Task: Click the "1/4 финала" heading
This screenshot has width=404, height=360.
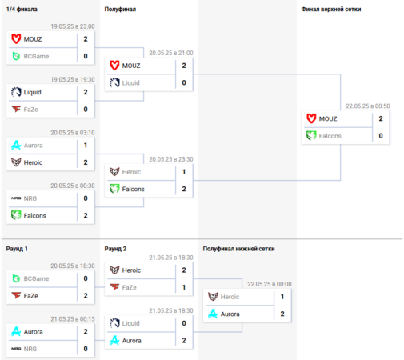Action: pyautogui.click(x=22, y=10)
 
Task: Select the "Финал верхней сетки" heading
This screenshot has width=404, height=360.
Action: pyautogui.click(x=331, y=10)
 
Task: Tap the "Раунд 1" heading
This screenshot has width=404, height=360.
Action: pyautogui.click(x=17, y=249)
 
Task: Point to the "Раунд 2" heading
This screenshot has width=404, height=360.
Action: pyautogui.click(x=115, y=249)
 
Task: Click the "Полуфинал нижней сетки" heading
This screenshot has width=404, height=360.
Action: pyautogui.click(x=238, y=249)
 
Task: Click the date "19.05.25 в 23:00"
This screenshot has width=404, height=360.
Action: pyautogui.click(x=73, y=26)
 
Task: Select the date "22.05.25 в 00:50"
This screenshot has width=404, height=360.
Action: pyautogui.click(x=368, y=106)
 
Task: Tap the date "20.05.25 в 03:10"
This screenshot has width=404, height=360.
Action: pyautogui.click(x=73, y=133)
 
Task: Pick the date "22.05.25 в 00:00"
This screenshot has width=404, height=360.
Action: pyautogui.click(x=270, y=284)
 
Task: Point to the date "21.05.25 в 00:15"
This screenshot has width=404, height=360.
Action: pyautogui.click(x=73, y=319)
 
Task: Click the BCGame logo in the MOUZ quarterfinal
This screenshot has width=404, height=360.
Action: pyautogui.click(x=16, y=56)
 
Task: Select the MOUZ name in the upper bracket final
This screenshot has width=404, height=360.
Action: pyautogui.click(x=328, y=119)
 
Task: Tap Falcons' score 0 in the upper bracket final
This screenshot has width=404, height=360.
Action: pyautogui.click(x=381, y=136)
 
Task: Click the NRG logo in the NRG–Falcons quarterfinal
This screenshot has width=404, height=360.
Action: pyautogui.click(x=16, y=198)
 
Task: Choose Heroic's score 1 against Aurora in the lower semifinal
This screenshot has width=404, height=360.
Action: pyautogui.click(x=282, y=297)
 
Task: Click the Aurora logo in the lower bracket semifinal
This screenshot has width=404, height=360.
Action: pyautogui.click(x=213, y=314)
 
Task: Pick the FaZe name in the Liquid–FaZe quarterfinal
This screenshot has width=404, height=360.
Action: pyautogui.click(x=30, y=110)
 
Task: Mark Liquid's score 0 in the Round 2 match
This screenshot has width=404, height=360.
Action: pyautogui.click(x=184, y=323)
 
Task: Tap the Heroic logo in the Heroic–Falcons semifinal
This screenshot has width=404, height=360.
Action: pyautogui.click(x=114, y=172)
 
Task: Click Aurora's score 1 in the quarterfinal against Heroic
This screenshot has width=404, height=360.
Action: pyautogui.click(x=86, y=146)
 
